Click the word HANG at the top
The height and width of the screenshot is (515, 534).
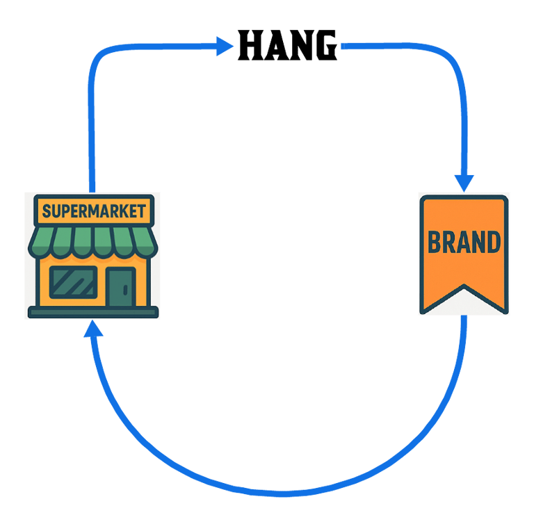[x=287, y=47]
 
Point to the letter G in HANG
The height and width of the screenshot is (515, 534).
[x=324, y=47]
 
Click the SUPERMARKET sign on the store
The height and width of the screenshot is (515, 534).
[x=93, y=210]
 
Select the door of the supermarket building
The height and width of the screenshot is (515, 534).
[x=121, y=284]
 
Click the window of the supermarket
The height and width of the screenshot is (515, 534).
[x=73, y=282]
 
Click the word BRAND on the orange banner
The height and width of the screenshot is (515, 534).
[x=464, y=243]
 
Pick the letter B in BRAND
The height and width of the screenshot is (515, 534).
[x=435, y=243]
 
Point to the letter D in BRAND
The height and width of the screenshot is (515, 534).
[x=493, y=243]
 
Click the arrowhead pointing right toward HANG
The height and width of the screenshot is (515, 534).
[x=224, y=47]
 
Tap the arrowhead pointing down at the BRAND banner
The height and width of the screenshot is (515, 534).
[x=464, y=182]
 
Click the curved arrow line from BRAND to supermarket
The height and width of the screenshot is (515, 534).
[x=278, y=492]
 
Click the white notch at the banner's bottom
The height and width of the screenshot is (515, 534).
[x=464, y=304]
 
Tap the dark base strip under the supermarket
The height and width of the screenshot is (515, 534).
[x=92, y=312]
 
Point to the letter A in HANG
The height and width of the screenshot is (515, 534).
[x=275, y=47]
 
